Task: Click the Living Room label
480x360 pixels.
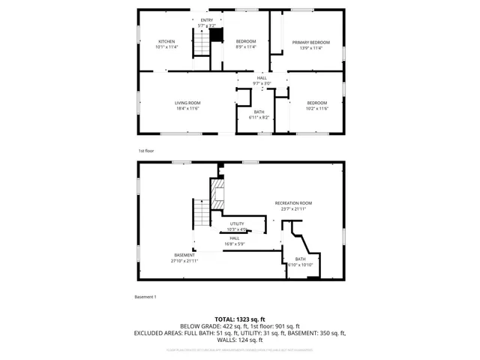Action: tap(187, 106)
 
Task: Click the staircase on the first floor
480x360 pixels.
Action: tap(201, 45)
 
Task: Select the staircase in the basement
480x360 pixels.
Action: tap(200, 216)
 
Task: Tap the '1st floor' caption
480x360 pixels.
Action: tap(145, 151)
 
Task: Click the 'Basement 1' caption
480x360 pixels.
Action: tap(145, 298)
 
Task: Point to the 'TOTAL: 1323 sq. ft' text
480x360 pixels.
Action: tap(240, 319)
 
